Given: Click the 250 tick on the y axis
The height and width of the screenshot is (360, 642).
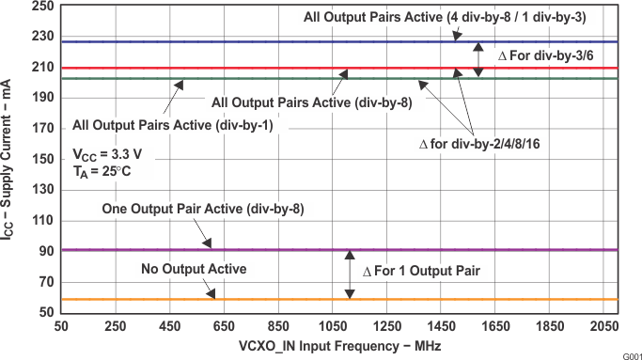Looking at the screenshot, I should [x=40, y=6].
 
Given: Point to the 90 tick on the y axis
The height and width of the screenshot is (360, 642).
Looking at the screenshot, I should [x=44, y=251].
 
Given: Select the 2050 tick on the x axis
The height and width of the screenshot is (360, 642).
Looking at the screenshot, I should [x=603, y=325].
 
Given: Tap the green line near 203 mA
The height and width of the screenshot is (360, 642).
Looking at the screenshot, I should [x=282, y=78].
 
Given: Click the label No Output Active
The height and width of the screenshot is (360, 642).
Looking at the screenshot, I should [x=194, y=270].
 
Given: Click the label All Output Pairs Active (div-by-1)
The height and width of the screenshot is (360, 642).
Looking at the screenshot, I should [x=172, y=125].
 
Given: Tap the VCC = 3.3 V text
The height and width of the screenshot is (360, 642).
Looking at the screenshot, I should [x=109, y=154].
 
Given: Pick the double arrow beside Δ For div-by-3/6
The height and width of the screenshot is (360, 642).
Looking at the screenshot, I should [x=478, y=58].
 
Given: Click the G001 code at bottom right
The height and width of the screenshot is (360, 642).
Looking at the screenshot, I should [x=629, y=354].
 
